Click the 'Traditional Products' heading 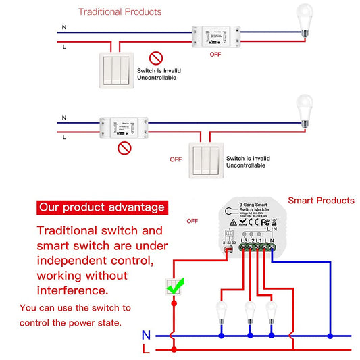(x=120, y=11)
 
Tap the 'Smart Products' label (x=321, y=201)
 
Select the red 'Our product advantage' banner (x=101, y=207)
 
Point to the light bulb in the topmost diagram (x=306, y=20)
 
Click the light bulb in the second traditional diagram (x=305, y=111)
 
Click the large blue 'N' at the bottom (x=147, y=335)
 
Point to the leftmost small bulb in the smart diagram (x=221, y=311)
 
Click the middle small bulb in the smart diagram (x=250, y=311)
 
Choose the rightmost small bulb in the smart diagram (x=272, y=311)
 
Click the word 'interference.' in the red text (x=72, y=290)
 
